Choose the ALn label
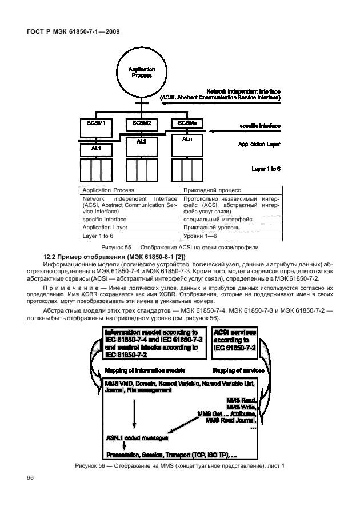(x=187, y=139)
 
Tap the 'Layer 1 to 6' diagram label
(x=266, y=169)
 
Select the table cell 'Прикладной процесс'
(x=211, y=190)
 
